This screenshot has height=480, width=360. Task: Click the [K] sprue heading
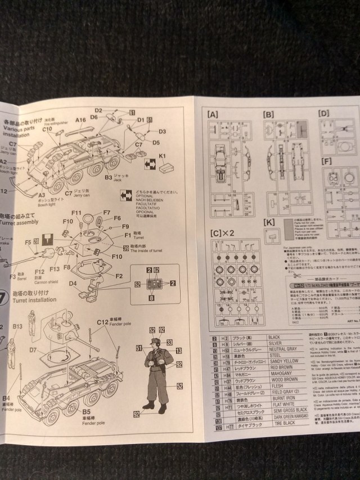269,223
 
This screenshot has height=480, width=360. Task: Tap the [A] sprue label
213,113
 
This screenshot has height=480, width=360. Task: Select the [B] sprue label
268,114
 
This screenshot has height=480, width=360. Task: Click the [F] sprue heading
326,161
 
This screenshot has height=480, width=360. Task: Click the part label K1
163,155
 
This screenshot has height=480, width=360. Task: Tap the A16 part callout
80,119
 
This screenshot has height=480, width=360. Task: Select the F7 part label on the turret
106,213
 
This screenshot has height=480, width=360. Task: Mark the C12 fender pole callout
102,321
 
